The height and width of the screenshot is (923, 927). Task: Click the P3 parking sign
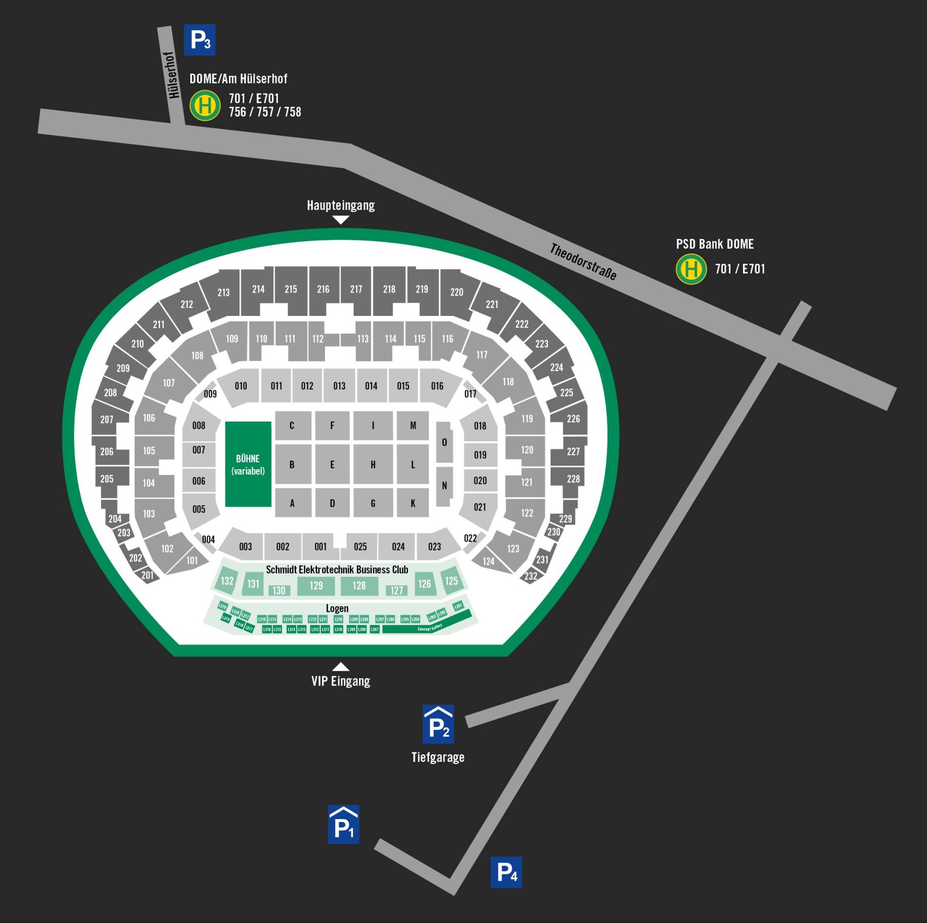tap(200, 40)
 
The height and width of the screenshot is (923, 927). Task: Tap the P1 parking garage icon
tap(343, 824)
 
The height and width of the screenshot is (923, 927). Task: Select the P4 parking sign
tap(506, 872)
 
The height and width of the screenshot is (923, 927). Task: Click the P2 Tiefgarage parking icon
tap(438, 724)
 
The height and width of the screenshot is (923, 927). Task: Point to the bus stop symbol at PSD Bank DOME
tap(691, 269)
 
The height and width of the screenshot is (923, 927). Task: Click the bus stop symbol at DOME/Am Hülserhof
tap(205, 105)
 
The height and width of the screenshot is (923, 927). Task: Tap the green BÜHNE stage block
tap(248, 464)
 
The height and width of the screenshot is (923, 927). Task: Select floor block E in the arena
tap(332, 464)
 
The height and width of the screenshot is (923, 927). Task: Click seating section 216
tap(323, 289)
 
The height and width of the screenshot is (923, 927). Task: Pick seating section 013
tap(339, 386)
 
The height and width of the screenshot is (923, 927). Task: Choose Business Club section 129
tap(316, 586)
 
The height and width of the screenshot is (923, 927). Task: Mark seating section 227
tap(573, 452)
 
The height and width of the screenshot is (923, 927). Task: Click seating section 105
tap(149, 451)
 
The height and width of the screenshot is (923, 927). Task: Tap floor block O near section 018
tap(444, 442)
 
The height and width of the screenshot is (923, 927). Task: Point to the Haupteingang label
tap(341, 205)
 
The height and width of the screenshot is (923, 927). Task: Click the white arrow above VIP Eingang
tap(341, 666)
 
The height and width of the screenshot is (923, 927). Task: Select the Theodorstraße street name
tap(583, 262)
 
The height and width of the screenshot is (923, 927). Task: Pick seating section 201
tap(147, 575)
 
